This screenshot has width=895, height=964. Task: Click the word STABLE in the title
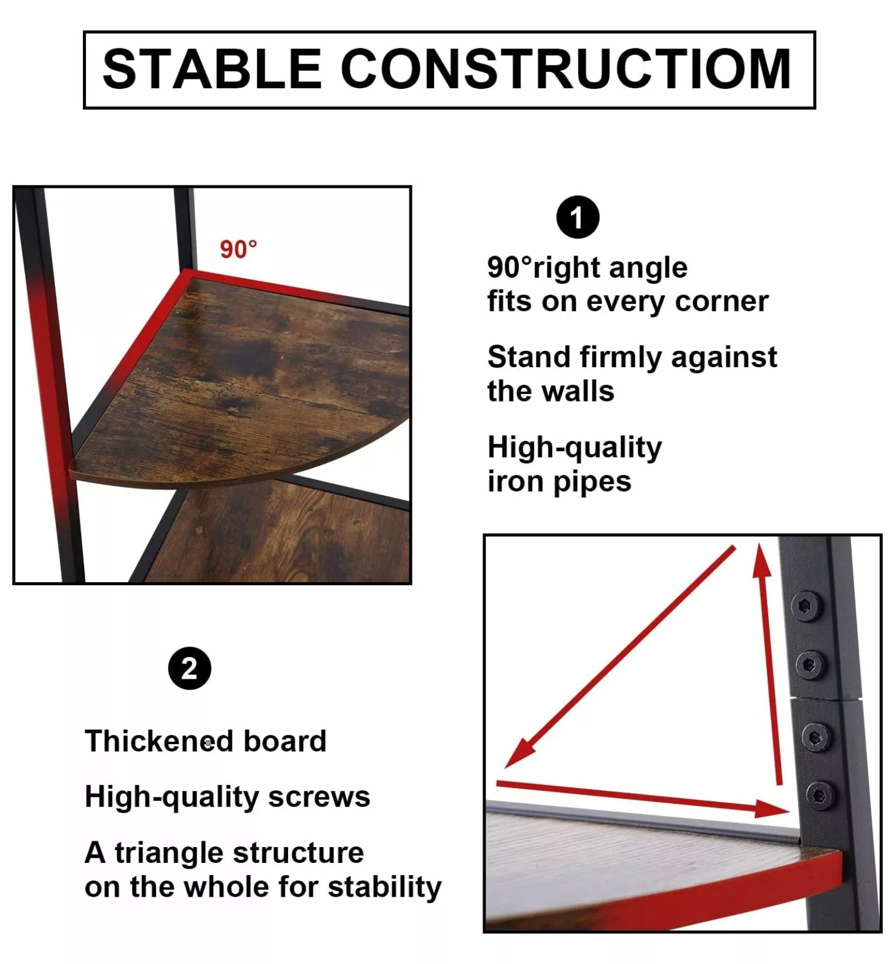212,69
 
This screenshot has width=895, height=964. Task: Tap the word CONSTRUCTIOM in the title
566,69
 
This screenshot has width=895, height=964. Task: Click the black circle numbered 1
578,217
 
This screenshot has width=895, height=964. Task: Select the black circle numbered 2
189,668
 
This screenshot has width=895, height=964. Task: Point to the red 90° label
238,250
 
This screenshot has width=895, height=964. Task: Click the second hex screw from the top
810,665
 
